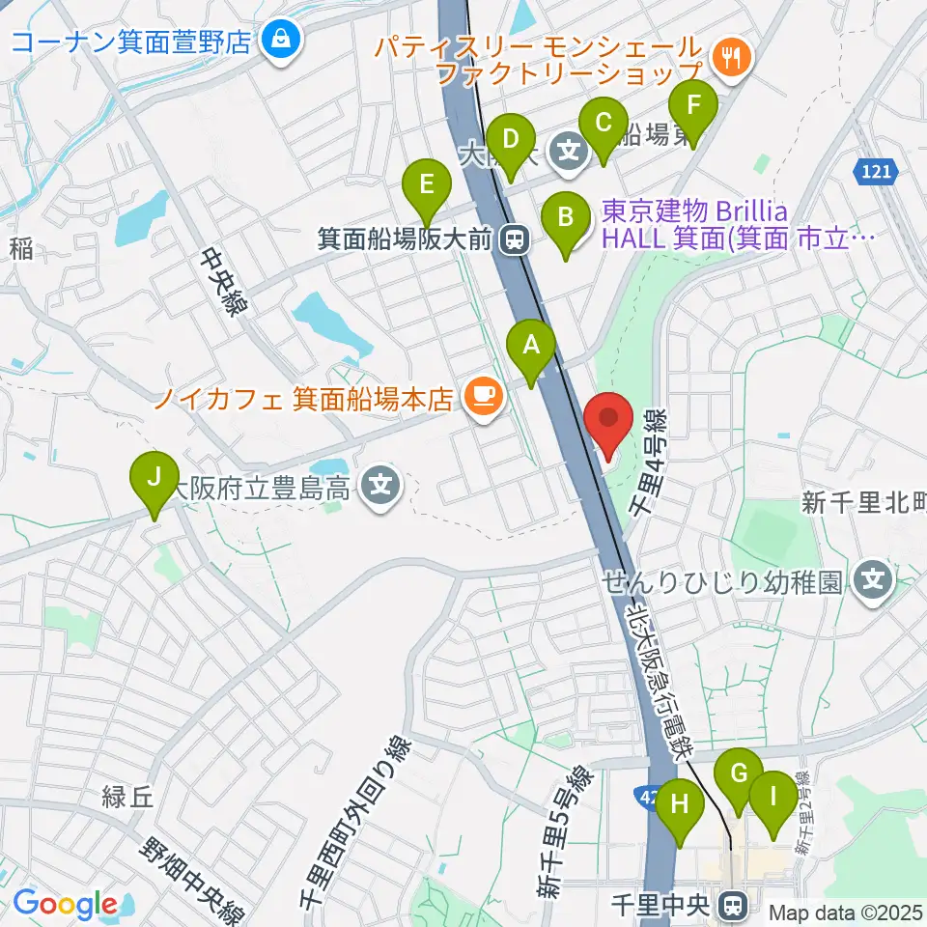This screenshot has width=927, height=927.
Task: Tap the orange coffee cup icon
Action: click(481, 396)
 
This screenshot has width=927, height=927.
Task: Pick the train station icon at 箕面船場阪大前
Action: click(517, 239)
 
